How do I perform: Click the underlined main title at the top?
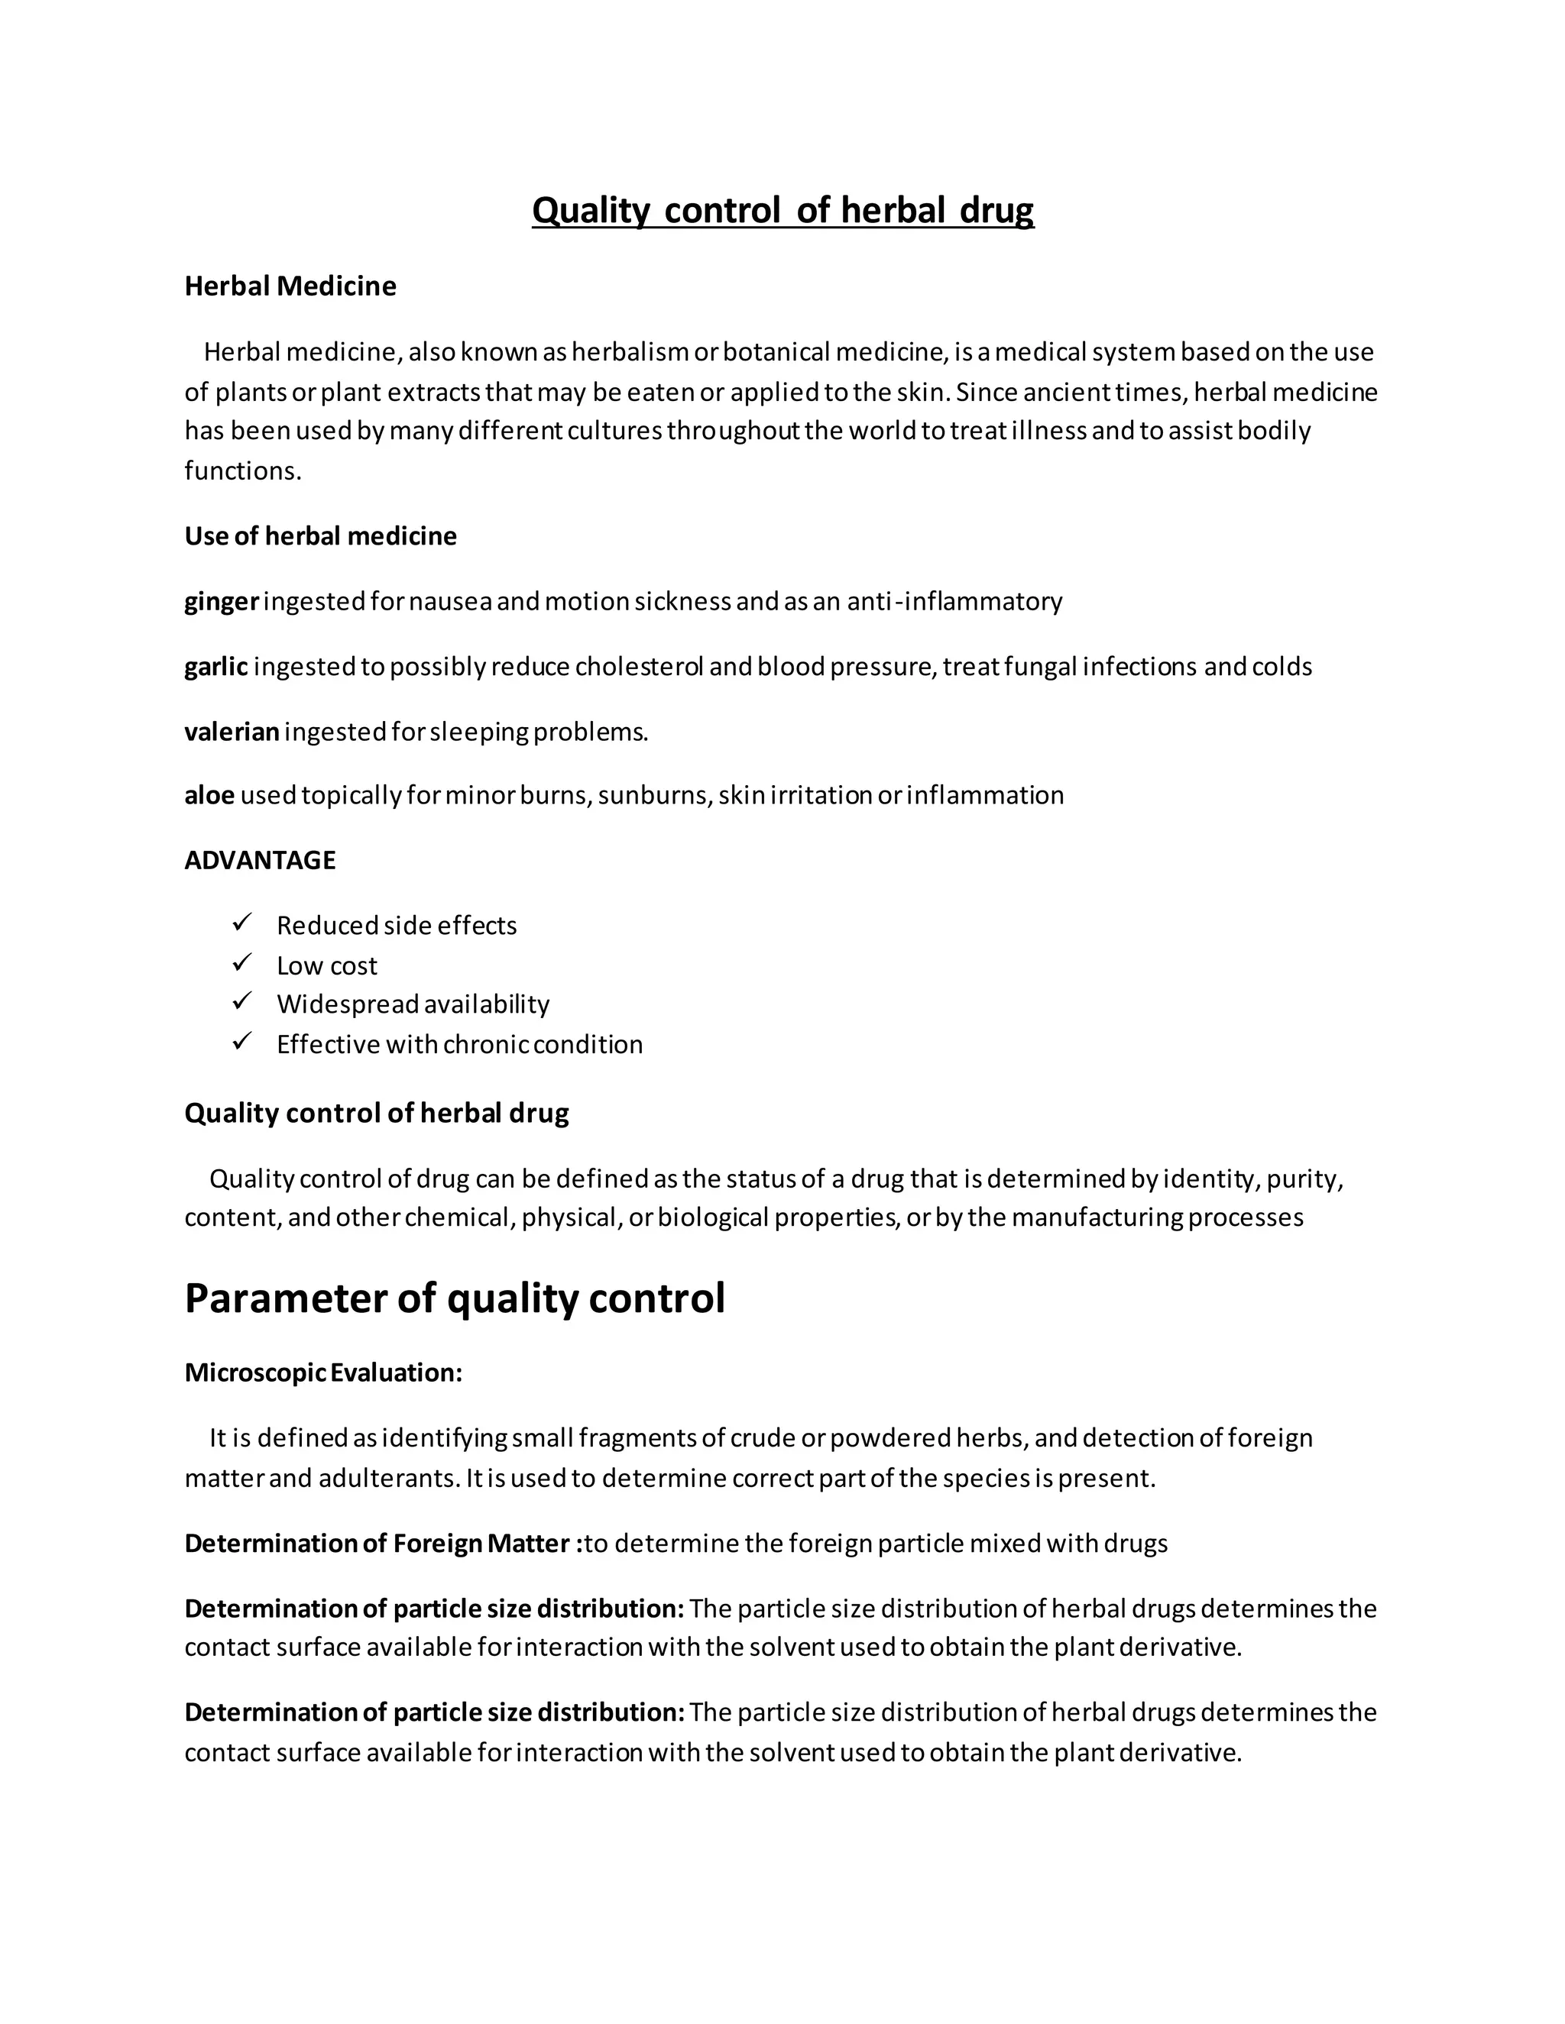782,210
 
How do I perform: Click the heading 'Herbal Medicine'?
290,286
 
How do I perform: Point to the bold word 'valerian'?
232,732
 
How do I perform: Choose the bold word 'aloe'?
209,795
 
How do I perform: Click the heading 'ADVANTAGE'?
260,860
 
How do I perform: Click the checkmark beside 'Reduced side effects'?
242,923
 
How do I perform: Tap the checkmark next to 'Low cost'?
242,964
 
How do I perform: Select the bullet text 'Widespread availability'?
413,1004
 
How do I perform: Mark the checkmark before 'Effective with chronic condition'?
242,1043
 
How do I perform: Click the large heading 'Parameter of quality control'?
455,1298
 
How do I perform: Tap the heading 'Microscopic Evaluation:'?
322,1373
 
